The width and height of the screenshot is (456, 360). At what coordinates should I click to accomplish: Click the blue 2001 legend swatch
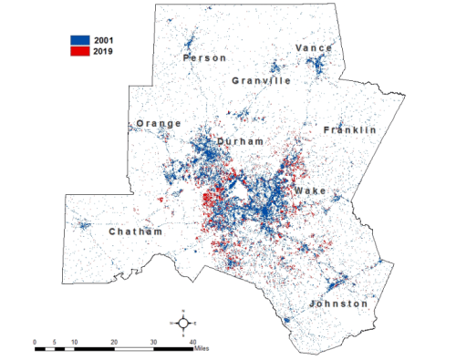[81, 40]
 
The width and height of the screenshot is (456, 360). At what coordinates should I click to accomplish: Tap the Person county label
[204, 58]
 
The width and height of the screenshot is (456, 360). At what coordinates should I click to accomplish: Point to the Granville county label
[262, 81]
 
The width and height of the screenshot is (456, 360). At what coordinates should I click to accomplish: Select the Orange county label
[159, 124]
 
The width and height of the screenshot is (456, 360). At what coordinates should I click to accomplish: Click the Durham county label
[241, 142]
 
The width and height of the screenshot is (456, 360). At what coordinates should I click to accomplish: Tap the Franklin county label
[350, 130]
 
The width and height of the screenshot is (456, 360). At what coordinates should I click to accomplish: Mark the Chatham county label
[136, 232]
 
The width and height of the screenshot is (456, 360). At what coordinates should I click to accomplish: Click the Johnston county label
[338, 303]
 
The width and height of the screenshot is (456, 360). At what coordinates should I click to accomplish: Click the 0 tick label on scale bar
[35, 342]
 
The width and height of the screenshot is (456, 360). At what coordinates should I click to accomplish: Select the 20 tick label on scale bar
[113, 342]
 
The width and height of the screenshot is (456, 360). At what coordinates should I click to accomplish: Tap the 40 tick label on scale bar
[192, 342]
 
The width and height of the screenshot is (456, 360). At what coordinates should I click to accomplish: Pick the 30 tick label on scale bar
[152, 342]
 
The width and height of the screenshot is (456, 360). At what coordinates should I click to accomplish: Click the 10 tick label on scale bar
[74, 342]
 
